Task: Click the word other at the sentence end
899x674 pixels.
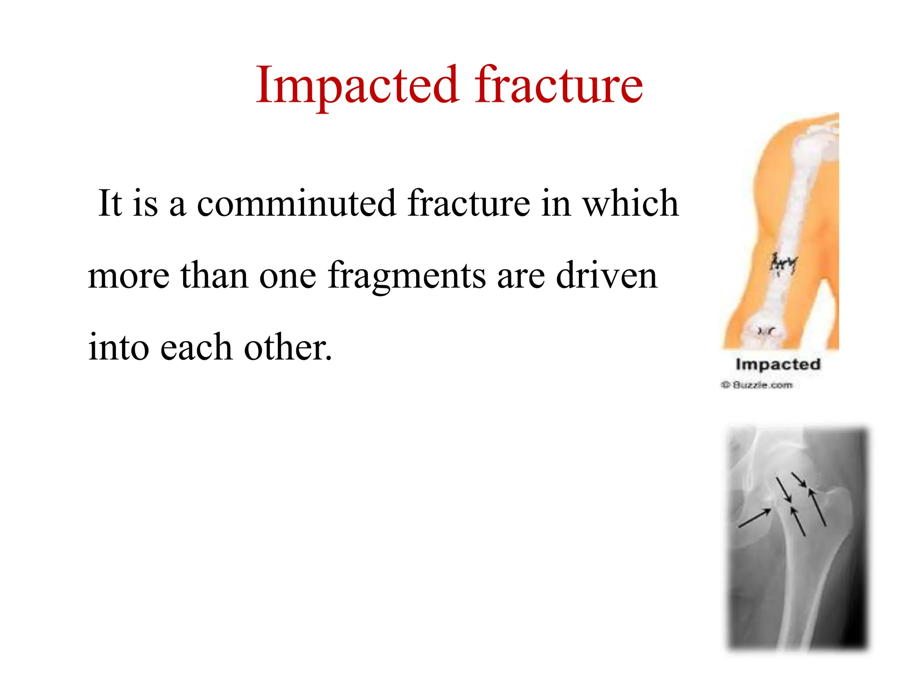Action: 288,347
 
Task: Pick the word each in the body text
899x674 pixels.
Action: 196,347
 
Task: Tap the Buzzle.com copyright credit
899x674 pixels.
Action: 757,385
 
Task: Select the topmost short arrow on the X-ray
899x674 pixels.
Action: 798,480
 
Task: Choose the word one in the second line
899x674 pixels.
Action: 288,276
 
